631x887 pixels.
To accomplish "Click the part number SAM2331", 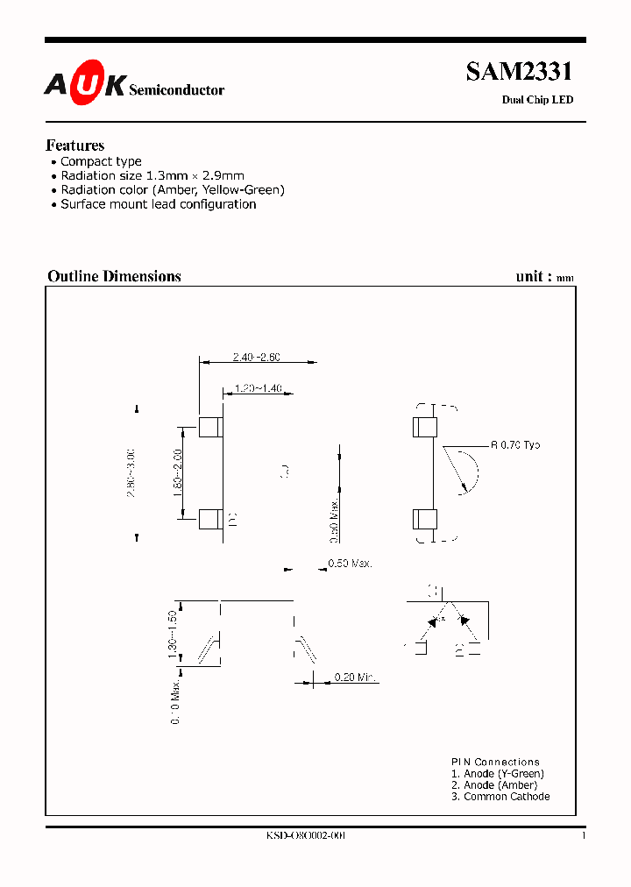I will pyautogui.click(x=519, y=72).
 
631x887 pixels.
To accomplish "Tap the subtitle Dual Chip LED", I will pyautogui.click(x=537, y=100).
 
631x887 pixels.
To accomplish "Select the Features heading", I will pyautogui.click(x=75, y=145).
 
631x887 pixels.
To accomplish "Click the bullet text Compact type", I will pyautogui.click(x=101, y=161).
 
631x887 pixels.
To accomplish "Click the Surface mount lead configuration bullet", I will pyautogui.click(x=158, y=204).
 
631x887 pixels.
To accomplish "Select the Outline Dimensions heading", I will pyautogui.click(x=114, y=276).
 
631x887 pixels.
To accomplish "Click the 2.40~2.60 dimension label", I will pyautogui.click(x=257, y=357).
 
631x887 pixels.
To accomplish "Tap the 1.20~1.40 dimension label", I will pyautogui.click(x=258, y=389).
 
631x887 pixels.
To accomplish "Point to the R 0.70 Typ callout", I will pyautogui.click(x=515, y=445).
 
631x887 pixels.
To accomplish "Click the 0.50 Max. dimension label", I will pyautogui.click(x=351, y=564).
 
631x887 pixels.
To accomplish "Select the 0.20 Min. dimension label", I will pyautogui.click(x=356, y=678).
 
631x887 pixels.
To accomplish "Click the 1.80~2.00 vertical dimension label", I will pyautogui.click(x=178, y=473).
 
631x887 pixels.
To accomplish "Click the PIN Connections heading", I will pyautogui.click(x=495, y=762).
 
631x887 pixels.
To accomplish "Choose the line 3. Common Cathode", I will pyautogui.click(x=500, y=797).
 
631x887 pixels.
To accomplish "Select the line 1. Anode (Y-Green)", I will pyautogui.click(x=498, y=774).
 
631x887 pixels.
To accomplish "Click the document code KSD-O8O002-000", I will pyautogui.click(x=306, y=836).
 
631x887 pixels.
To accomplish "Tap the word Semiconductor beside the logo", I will pyautogui.click(x=176, y=90).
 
